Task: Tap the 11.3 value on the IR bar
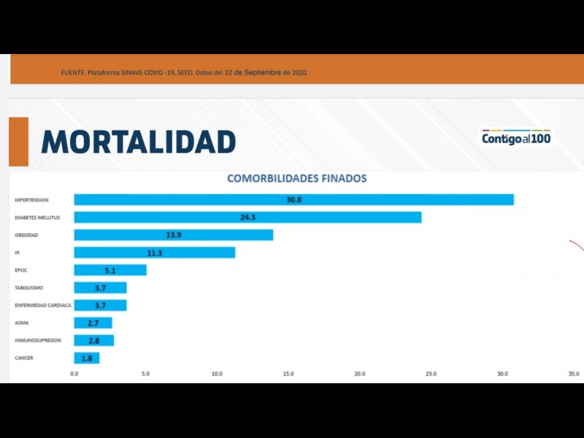pyautogui.click(x=154, y=253)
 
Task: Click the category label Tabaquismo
pyautogui.click(x=30, y=288)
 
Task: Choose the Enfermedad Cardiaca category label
pyautogui.click(x=42, y=305)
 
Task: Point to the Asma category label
pyautogui.click(x=22, y=323)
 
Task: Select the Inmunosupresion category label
pyautogui.click(x=38, y=340)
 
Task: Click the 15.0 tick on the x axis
pyautogui.click(x=288, y=374)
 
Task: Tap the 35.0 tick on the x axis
pyautogui.click(x=574, y=374)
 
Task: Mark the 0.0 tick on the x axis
pyautogui.click(x=74, y=374)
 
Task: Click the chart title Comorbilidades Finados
pyautogui.click(x=296, y=178)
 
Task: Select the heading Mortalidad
pyautogui.click(x=139, y=142)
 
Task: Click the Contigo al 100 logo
pyautogui.click(x=516, y=138)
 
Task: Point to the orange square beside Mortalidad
pyautogui.click(x=18, y=142)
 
